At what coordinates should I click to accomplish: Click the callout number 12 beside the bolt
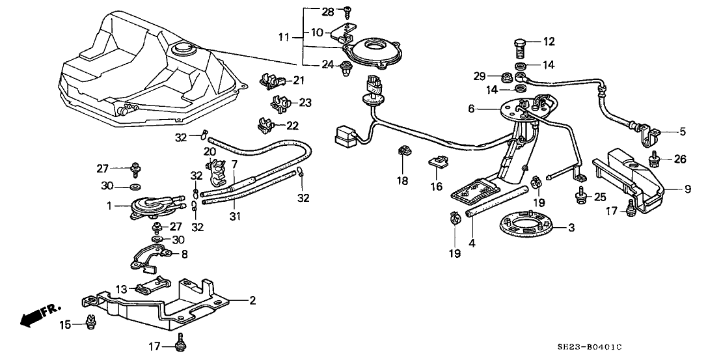[x=550, y=42]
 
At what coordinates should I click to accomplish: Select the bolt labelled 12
[x=520, y=48]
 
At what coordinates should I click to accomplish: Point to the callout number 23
[x=306, y=102]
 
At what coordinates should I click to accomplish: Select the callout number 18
[x=403, y=181]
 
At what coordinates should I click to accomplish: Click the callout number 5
[x=683, y=132]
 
